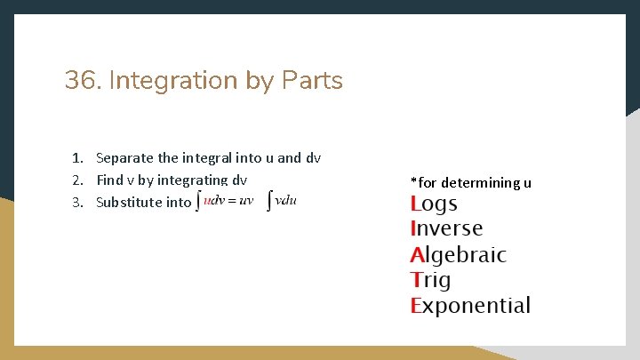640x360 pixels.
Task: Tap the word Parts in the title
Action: click(310, 81)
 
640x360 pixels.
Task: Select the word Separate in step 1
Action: click(124, 158)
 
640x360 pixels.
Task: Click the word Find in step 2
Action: click(110, 180)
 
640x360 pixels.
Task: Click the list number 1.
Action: click(78, 158)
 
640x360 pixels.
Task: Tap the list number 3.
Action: click(78, 202)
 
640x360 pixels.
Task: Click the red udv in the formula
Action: click(214, 200)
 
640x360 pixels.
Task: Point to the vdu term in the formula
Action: click(286, 200)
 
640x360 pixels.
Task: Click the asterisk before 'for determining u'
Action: click(413, 181)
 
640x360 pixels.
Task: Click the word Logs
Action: click(435, 204)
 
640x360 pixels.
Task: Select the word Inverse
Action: click(446, 228)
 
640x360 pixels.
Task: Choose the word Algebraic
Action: click(458, 255)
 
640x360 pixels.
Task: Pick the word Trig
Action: click(431, 281)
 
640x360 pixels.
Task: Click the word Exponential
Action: click(470, 307)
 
